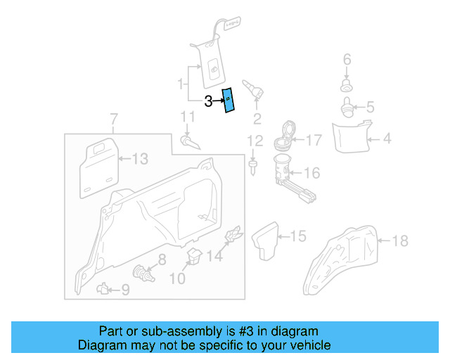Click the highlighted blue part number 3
pos(229,101)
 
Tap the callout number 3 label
pos(208,101)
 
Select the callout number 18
pos(399,241)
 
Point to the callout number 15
pos(299,236)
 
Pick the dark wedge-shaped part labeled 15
pos(268,240)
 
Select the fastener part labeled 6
pos(346,86)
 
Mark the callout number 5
pos(369,108)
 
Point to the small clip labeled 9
pos(103,288)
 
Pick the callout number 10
pos(176,279)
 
